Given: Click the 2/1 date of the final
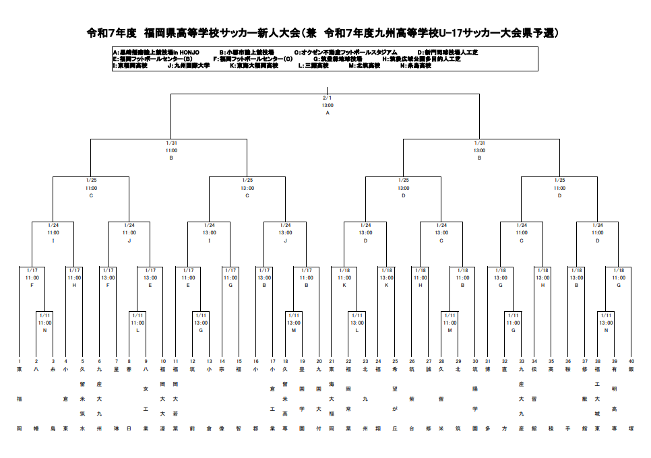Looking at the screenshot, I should pyautogui.click(x=328, y=98).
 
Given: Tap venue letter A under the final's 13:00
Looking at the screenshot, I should pyautogui.click(x=328, y=112).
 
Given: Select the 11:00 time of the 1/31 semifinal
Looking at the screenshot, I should pyautogui.click(x=171, y=150).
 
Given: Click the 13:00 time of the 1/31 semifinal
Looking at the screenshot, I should pyautogui.click(x=479, y=150).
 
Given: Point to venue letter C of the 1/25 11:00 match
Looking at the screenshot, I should pyautogui.click(x=91, y=195).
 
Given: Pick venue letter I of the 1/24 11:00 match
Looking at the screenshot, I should pyautogui.click(x=53, y=240).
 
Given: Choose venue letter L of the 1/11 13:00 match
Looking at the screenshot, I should pyautogui.click(x=357, y=330).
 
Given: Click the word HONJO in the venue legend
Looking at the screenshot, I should pyautogui.click(x=187, y=52).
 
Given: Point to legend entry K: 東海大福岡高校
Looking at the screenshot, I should pyautogui.click(x=253, y=66).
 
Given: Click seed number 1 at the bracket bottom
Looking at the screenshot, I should pyautogui.click(x=20, y=362).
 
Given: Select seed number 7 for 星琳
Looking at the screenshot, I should pyautogui.click(x=116, y=362).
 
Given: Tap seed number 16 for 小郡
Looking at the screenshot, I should pyautogui.click(x=255, y=362).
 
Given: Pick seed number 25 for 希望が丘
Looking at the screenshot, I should pyautogui.click(x=395, y=362).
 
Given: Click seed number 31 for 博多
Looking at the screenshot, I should pyautogui.click(x=487, y=362).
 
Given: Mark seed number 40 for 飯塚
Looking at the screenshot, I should pyautogui.click(x=631, y=362).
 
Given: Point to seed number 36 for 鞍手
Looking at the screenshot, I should pyautogui.click(x=568, y=362).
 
